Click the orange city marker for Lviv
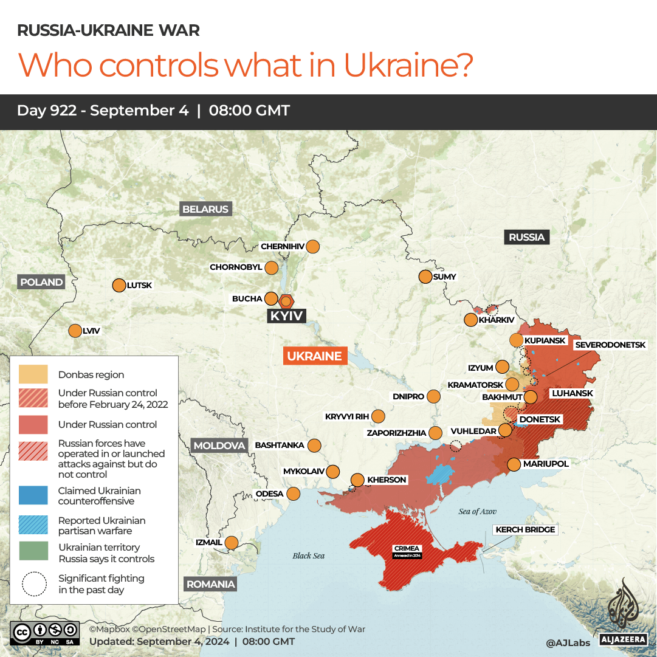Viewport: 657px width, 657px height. point(75,331)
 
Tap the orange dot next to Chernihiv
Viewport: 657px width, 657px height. point(312,247)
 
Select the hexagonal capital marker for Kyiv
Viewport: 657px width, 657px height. point(286,301)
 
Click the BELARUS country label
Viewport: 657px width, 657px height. point(205,209)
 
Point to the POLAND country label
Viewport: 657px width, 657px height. point(41,282)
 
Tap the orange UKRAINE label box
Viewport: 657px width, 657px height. point(315,356)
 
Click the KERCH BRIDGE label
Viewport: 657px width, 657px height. point(525,530)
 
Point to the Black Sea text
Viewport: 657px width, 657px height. point(309,556)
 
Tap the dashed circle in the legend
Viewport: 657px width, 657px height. point(33,583)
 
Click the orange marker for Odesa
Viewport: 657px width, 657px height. point(294,494)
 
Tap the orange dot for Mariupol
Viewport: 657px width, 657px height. point(514,464)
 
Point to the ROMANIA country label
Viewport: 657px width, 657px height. point(210,584)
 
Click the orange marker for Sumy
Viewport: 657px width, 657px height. point(425,277)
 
